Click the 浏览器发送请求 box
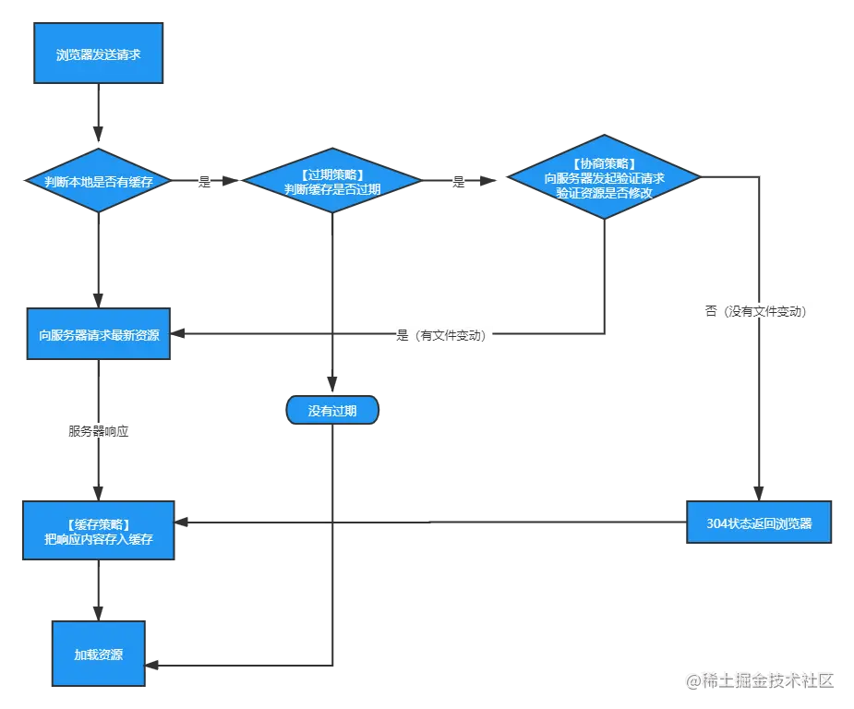coord(99,53)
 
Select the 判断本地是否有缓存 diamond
coord(99,180)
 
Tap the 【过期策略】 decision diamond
coord(332,180)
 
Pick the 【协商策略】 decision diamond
coord(604,177)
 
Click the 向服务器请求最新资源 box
coord(99,334)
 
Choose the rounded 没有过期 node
coord(332,410)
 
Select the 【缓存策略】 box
coord(99,531)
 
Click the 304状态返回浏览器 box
coord(759,523)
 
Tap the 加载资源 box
coord(99,654)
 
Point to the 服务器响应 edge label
coord(99,431)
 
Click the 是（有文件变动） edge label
coord(441,335)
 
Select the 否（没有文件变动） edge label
coord(755,311)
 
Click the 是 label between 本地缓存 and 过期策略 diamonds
coord(204,181)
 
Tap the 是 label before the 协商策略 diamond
coord(459,181)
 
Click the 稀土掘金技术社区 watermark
coord(760,680)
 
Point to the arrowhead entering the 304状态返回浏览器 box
coord(759,493)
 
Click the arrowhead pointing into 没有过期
coord(332,384)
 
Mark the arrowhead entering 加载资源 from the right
coord(152,665)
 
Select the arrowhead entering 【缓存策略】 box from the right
coord(181,523)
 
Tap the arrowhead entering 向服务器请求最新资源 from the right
coord(177,333)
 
